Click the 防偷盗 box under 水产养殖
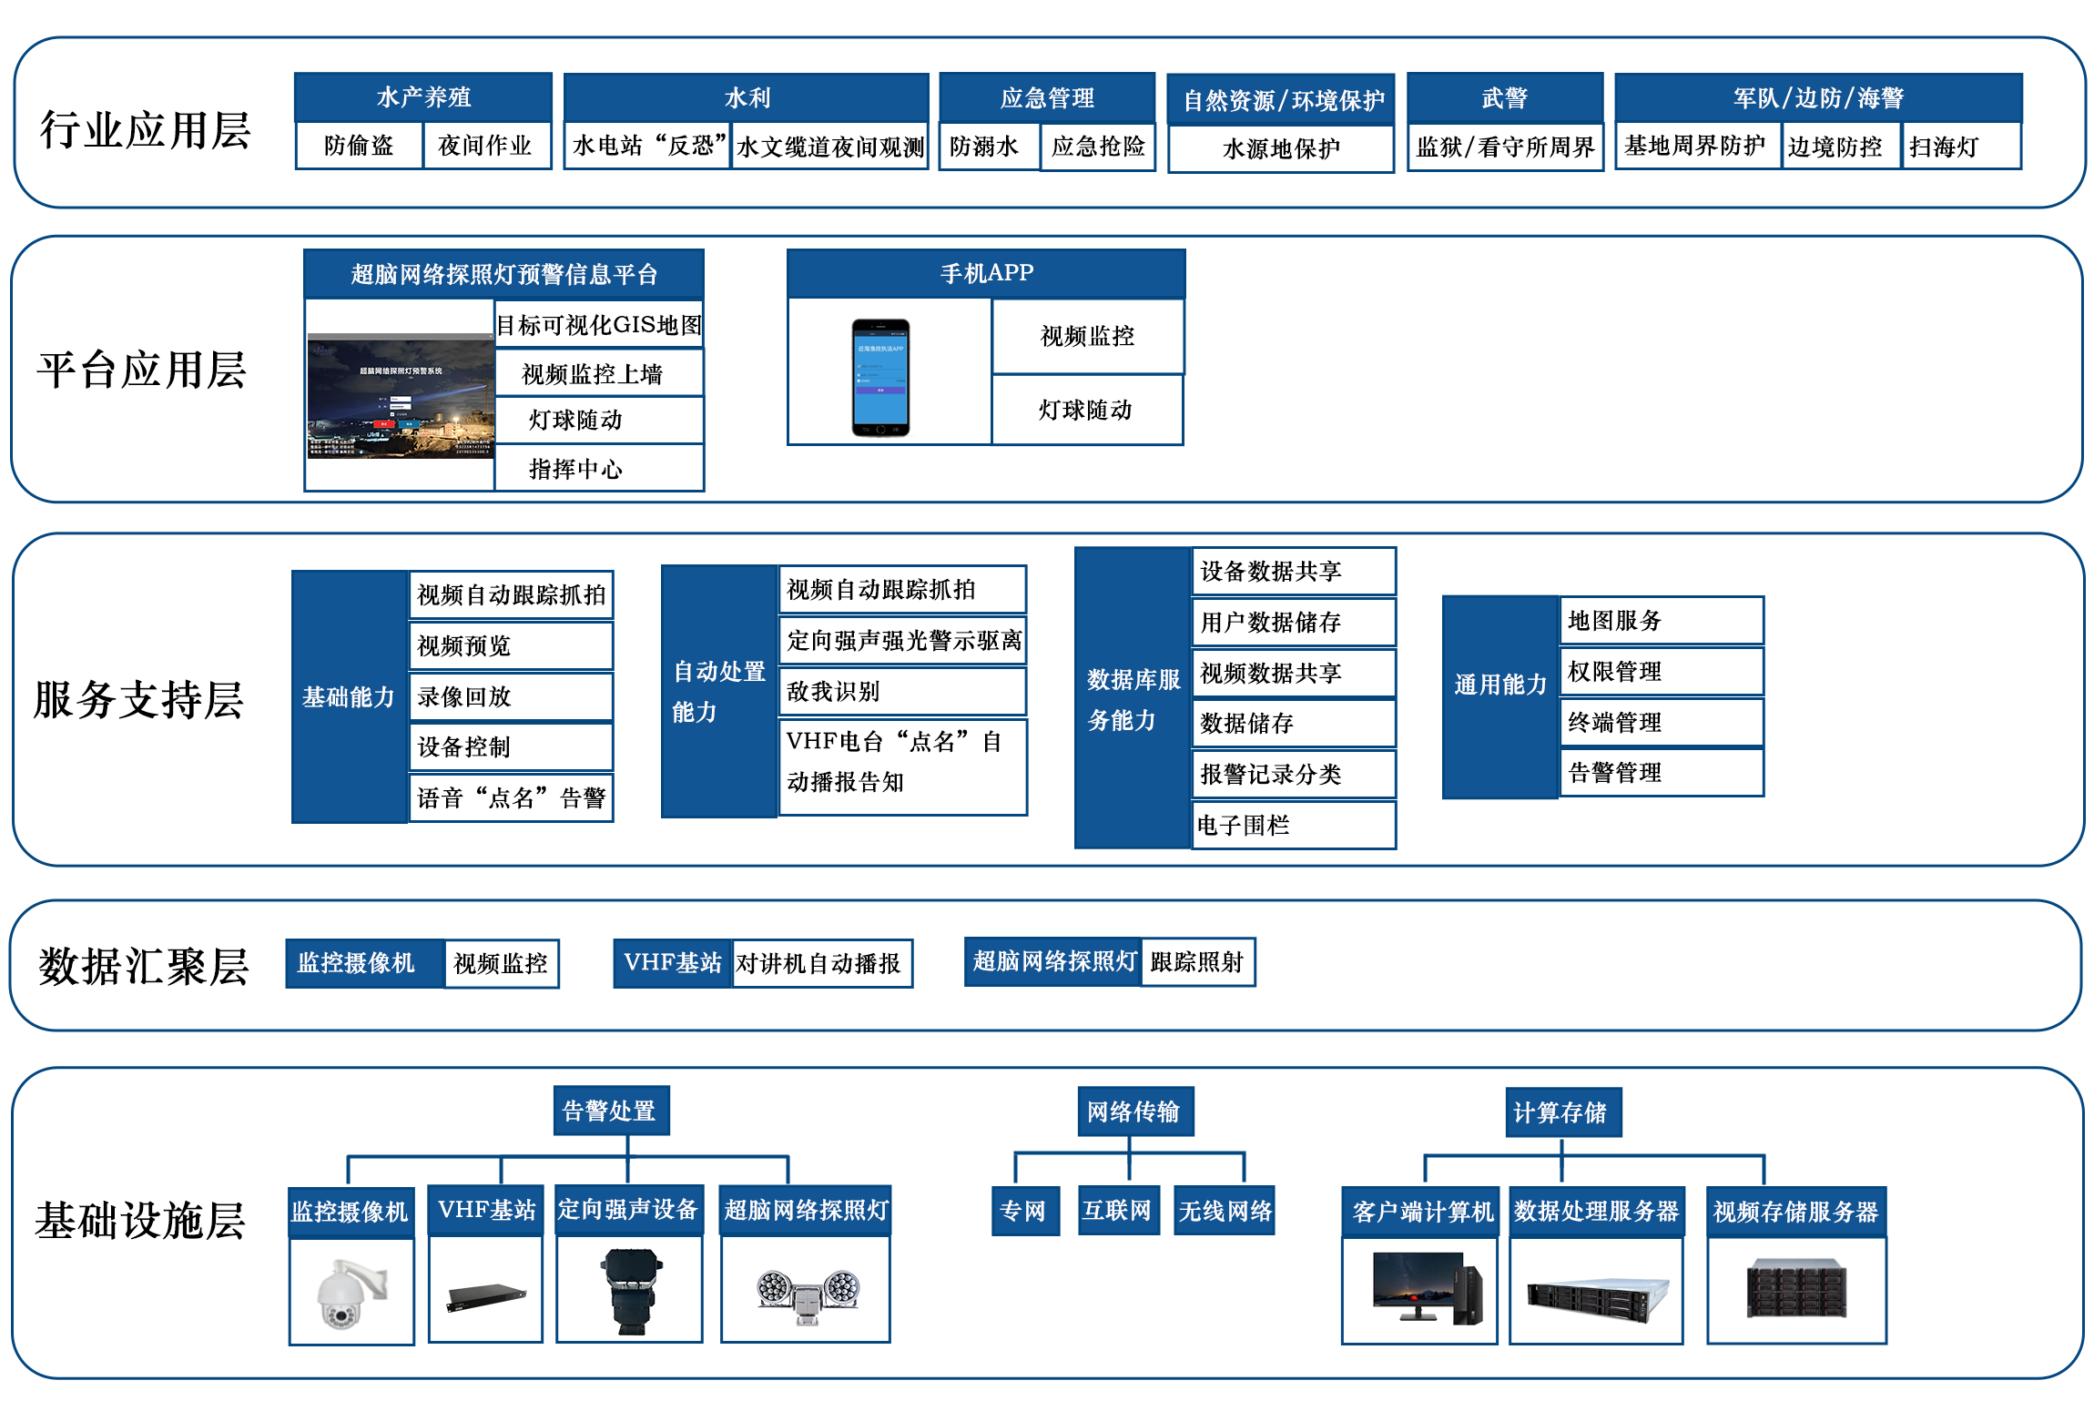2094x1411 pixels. click(359, 146)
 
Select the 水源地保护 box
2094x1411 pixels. click(1280, 148)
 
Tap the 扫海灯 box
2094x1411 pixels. click(1959, 147)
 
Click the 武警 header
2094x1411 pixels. click(1504, 98)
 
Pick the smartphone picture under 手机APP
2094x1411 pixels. click(880, 377)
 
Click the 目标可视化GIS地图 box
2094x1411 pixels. click(598, 325)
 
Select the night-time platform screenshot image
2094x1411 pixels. click(401, 397)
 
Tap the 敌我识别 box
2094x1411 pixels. click(901, 691)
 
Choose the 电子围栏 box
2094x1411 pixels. click(1293, 825)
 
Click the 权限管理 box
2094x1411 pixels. click(1661, 672)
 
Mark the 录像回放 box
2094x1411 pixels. click(510, 696)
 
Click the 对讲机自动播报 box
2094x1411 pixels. click(820, 963)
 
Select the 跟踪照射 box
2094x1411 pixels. click(1196, 962)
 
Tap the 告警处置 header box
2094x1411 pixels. click(610, 1111)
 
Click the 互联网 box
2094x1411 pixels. click(1117, 1210)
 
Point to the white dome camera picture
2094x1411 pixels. click(351, 1292)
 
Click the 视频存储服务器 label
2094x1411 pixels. click(1795, 1212)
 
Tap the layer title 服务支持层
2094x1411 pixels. click(138, 700)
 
